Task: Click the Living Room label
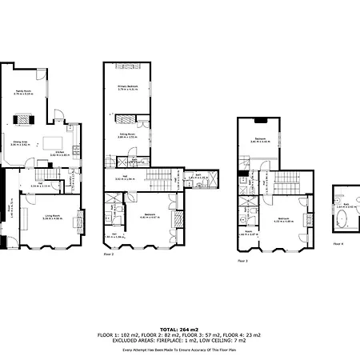tap(52, 214)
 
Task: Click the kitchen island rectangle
tap(61, 141)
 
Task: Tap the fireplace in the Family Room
tap(24, 120)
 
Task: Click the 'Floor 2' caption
tap(109, 255)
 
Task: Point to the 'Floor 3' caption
tap(243, 261)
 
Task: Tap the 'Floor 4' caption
tap(338, 243)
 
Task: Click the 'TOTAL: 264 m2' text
tap(179, 329)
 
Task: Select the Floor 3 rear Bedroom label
tap(261, 140)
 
